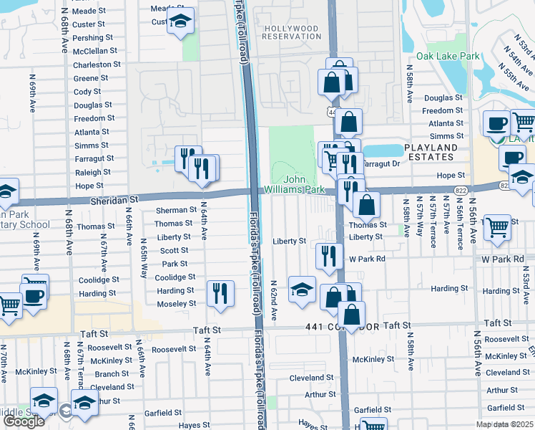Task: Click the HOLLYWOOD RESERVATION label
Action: (x=291, y=32)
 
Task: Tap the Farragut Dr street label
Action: (x=381, y=163)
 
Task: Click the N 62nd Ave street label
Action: (x=274, y=300)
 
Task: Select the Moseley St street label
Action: (x=176, y=304)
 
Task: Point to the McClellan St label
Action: (x=94, y=51)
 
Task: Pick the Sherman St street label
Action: (x=176, y=210)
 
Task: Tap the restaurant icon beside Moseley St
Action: (x=220, y=292)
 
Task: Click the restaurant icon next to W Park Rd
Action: (x=328, y=254)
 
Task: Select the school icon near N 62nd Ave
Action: (x=302, y=289)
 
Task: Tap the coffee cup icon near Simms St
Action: (x=496, y=123)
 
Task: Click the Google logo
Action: (x=24, y=421)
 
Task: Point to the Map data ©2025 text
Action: (x=504, y=424)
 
